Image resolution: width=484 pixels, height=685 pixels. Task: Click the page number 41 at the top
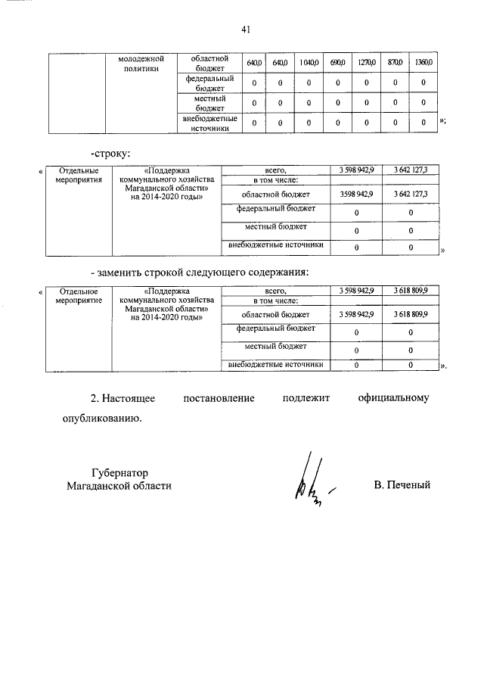246,30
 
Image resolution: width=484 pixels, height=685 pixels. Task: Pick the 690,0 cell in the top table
337,62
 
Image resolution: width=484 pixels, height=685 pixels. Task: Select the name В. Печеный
402,484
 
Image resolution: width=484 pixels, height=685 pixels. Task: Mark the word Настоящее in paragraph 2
128,397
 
